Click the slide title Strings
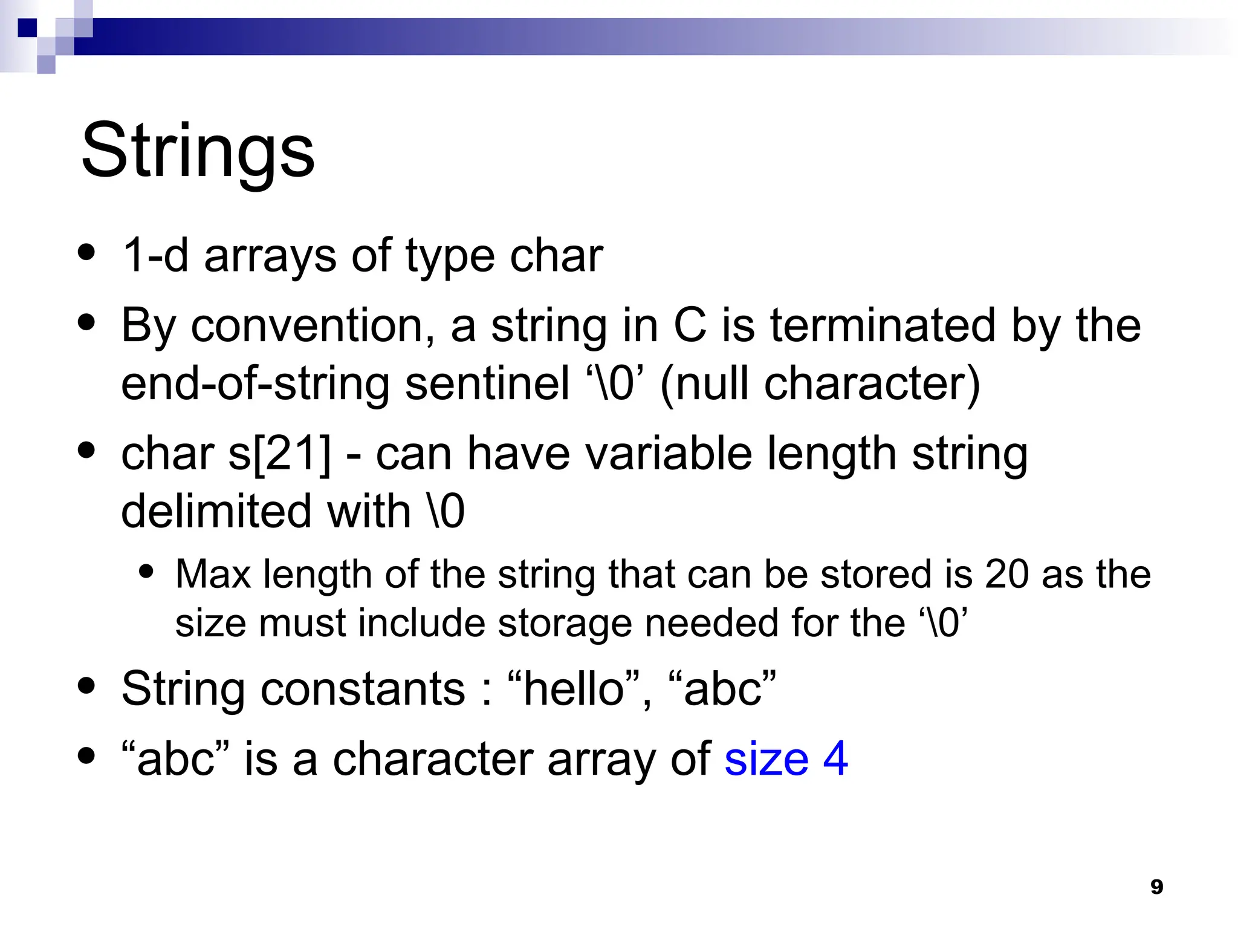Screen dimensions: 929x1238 (198, 151)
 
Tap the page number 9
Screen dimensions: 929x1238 (1156, 887)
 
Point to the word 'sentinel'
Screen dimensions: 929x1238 (487, 383)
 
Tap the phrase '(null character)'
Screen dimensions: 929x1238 (820, 383)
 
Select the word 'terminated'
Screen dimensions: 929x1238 (883, 325)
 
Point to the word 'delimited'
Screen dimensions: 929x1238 (216, 511)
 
